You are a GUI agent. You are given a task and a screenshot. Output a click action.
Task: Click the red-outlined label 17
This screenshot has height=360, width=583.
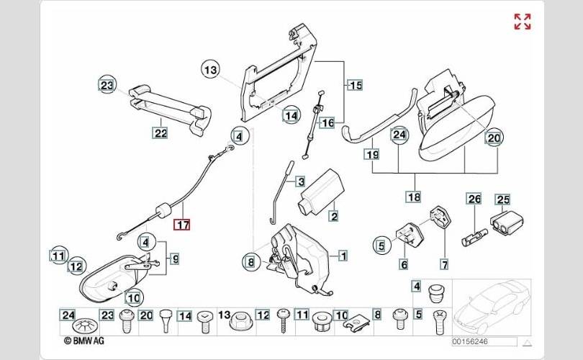click(x=184, y=224)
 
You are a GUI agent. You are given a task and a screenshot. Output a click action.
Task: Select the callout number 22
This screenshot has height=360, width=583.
click(x=160, y=132)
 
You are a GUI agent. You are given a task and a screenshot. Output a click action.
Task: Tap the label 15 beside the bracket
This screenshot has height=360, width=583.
click(x=356, y=86)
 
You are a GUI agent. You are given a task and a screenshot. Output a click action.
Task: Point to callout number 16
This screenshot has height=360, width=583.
click(x=327, y=123)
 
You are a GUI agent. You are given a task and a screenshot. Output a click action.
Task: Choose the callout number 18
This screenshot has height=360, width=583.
click(x=413, y=197)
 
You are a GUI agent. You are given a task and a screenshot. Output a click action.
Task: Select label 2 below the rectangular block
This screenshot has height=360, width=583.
click(x=333, y=215)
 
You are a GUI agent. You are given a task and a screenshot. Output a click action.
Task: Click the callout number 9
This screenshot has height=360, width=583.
click(x=174, y=258)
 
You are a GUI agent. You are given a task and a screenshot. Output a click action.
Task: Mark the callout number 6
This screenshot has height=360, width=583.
click(x=404, y=264)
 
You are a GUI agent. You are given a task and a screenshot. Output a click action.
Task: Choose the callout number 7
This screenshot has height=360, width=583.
click(x=444, y=264)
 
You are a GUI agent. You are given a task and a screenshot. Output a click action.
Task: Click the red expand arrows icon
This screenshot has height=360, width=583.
click(x=522, y=22)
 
